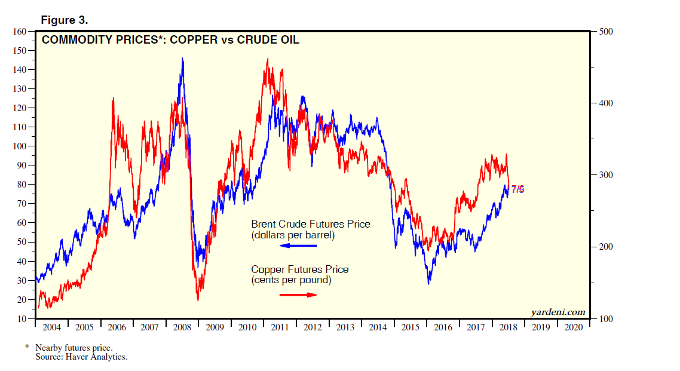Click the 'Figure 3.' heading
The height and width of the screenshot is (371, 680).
pos(64,20)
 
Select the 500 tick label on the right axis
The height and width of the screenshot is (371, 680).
pos(604,31)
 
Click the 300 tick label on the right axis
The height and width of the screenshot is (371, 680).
pos(604,175)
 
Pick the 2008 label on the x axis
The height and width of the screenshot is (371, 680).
pos(182,327)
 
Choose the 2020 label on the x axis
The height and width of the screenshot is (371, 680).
pos(573,327)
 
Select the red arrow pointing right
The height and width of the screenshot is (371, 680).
pos(298,295)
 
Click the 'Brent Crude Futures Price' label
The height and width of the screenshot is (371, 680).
pos(310,225)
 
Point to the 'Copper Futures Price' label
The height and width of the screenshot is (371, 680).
pos(299,270)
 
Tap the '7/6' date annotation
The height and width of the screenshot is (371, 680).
pos(517,189)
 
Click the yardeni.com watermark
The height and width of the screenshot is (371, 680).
pos(558,312)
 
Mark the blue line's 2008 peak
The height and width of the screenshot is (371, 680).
pos(182,58)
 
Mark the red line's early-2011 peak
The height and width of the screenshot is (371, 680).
pos(267,59)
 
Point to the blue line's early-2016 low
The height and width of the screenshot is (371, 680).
pos(428,283)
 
